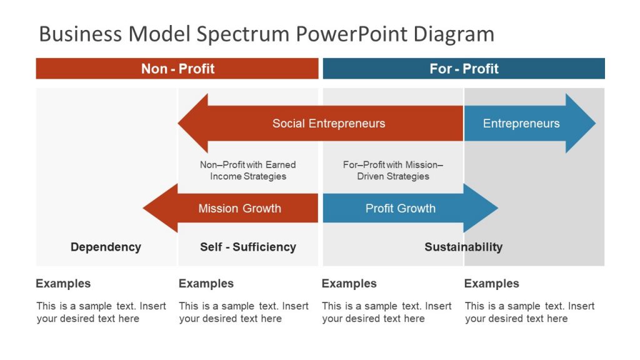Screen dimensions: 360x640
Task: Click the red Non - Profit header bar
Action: coord(177,69)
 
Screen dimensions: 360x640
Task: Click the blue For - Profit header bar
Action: coord(464,69)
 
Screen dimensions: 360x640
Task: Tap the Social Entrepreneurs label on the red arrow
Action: coord(329,124)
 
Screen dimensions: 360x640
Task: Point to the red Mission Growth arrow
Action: coord(239,209)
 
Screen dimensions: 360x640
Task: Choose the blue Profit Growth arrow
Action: coord(401,209)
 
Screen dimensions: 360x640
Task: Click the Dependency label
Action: coord(106,247)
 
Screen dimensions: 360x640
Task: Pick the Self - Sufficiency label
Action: coord(248,247)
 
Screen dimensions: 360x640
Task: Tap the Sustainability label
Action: coord(463,247)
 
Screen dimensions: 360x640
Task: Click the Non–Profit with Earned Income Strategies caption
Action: coord(248,171)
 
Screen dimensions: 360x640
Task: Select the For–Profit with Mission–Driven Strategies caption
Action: coord(393,171)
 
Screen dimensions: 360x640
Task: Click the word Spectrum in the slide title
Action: coord(241,34)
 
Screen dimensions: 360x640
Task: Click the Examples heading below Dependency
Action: coord(63,284)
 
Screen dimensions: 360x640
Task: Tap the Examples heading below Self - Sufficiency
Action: coord(206,284)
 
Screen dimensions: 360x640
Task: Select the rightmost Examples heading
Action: coord(491,284)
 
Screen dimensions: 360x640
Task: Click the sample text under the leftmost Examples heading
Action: coord(101,312)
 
